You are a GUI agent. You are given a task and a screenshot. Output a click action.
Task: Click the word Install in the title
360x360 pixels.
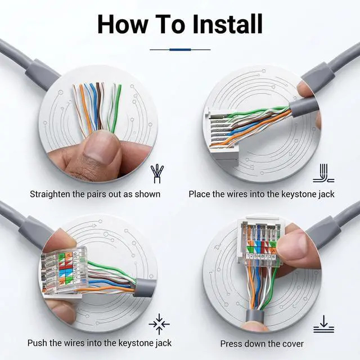point(228,24)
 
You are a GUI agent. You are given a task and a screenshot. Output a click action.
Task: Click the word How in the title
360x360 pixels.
point(123,24)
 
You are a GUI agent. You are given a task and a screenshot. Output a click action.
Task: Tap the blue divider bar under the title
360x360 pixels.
point(180,49)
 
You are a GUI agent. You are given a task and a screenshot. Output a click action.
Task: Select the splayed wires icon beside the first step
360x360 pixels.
point(157,174)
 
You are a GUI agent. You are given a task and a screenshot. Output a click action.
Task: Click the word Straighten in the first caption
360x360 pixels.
point(50,194)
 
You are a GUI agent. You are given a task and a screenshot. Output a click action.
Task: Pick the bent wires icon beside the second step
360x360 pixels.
point(323,173)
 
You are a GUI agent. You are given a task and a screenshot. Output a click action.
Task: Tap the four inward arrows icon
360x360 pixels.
point(159,324)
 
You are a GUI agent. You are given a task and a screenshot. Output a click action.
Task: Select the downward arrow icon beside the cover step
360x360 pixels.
point(323,324)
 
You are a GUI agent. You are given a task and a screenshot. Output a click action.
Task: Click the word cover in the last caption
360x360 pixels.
point(292,344)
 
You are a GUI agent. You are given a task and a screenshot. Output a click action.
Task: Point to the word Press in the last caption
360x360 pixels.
point(231,344)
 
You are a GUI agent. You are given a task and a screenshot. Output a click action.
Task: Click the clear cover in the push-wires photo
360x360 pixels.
point(65,271)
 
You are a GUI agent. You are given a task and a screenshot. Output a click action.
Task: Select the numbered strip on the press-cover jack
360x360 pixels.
point(260,256)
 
